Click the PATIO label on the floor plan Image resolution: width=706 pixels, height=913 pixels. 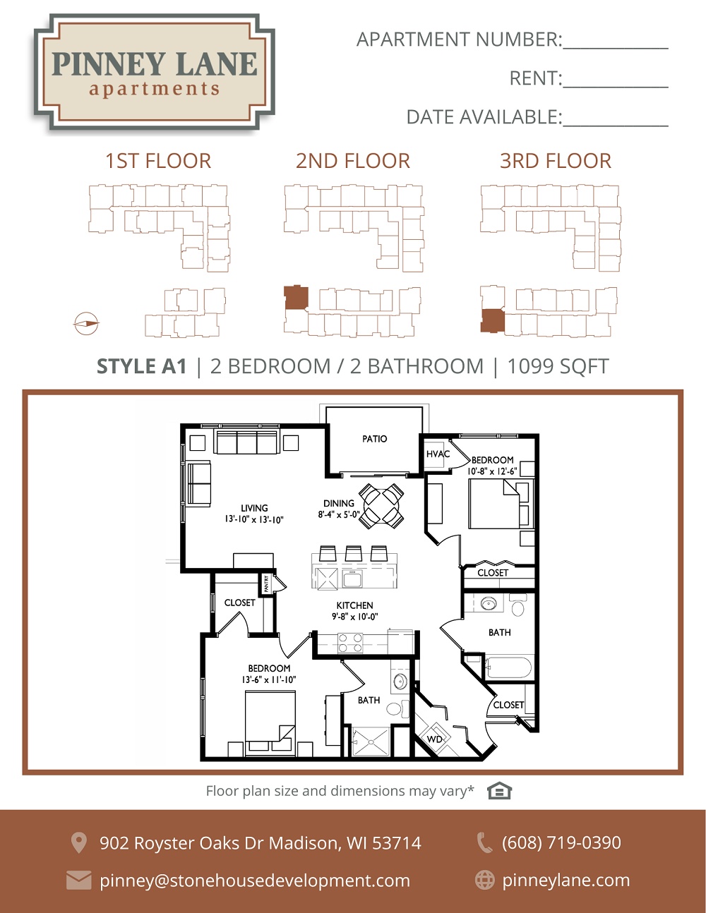(x=374, y=439)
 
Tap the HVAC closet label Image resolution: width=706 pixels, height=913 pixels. (x=438, y=454)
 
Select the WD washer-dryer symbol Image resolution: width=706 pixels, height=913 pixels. (x=434, y=738)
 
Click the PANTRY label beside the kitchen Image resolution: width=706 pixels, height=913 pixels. (x=266, y=584)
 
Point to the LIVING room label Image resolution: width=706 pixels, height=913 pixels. (x=254, y=508)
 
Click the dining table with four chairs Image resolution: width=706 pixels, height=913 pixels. (x=381, y=506)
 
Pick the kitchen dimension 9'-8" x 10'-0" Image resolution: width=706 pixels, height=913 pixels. (x=354, y=617)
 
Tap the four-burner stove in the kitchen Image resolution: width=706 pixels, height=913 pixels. (x=350, y=643)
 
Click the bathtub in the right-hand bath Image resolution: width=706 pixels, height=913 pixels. (x=509, y=667)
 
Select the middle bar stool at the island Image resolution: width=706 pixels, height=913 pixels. (x=354, y=553)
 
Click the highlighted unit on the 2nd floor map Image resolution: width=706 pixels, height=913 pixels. (x=296, y=298)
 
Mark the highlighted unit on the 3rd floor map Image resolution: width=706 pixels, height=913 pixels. (x=492, y=321)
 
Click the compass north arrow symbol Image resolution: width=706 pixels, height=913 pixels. (x=86, y=324)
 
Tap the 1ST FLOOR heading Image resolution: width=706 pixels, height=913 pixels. (x=158, y=161)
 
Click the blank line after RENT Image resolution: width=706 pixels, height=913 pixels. (x=616, y=87)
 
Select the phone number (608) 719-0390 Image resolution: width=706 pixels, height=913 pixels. (x=561, y=842)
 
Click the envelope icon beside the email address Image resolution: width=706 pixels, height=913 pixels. (x=78, y=881)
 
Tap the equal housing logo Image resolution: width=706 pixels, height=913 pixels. (x=499, y=791)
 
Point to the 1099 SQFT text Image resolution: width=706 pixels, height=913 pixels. (x=558, y=366)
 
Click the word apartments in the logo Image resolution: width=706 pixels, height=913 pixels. (x=154, y=89)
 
